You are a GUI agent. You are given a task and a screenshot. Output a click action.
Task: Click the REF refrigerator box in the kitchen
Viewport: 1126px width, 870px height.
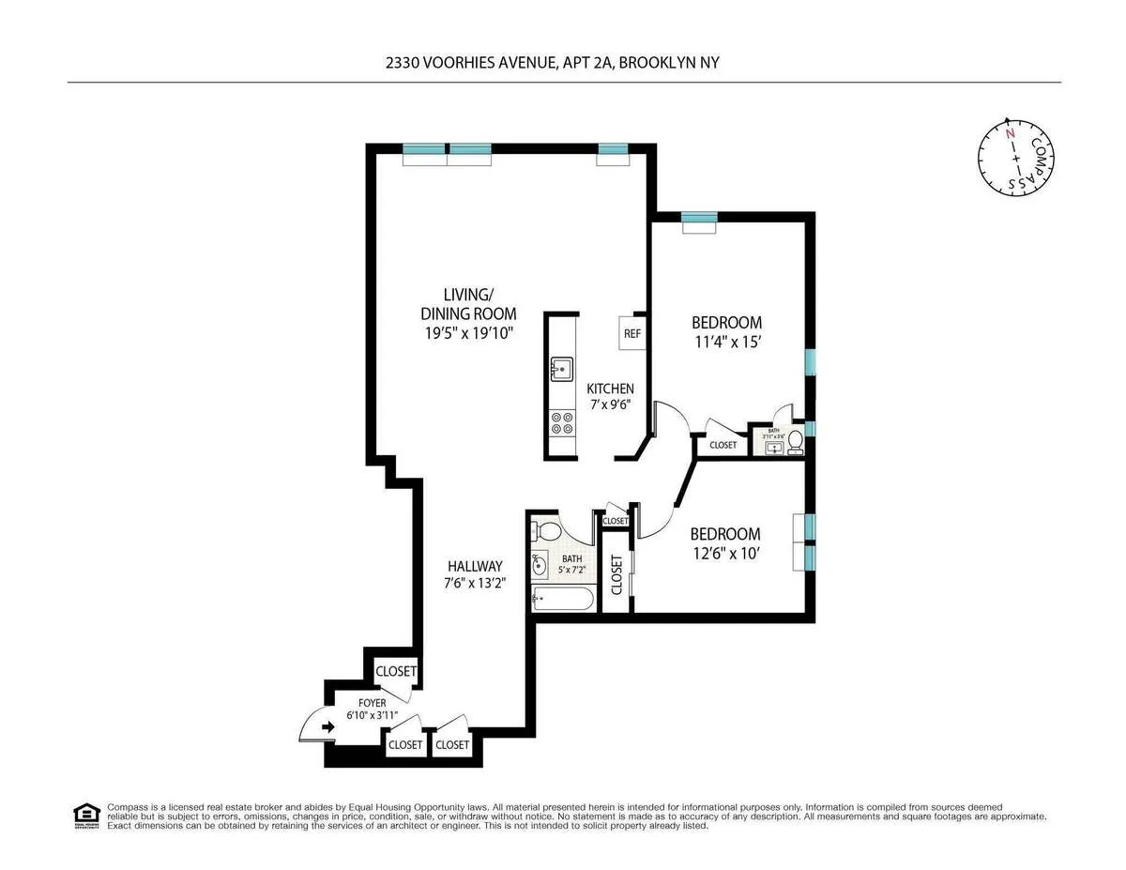631,332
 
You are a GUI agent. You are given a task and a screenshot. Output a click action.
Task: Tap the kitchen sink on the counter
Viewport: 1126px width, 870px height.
561,370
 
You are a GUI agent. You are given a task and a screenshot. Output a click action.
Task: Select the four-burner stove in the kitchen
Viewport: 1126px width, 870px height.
562,423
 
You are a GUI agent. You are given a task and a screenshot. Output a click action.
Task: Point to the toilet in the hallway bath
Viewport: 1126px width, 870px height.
541,532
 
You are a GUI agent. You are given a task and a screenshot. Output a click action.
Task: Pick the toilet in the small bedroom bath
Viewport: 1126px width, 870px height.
795,440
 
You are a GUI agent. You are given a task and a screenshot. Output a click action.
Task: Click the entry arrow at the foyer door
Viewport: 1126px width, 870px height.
327,726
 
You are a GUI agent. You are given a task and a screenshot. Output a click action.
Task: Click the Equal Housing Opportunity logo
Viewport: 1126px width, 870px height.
86,815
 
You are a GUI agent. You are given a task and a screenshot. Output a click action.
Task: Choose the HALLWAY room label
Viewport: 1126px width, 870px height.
474,567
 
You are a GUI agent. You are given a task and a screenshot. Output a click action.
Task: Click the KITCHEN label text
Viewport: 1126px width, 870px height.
611,389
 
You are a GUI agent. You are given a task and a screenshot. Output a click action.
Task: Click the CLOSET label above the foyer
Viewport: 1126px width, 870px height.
396,672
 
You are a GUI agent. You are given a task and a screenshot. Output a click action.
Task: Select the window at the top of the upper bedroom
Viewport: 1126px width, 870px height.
699,219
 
